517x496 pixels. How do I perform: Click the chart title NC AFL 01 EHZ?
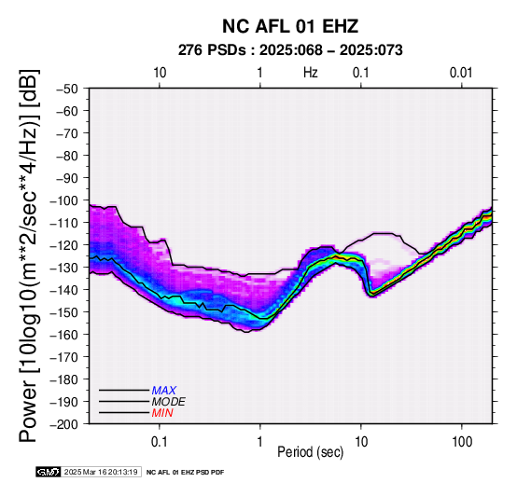(290, 26)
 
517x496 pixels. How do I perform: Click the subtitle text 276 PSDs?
(212, 50)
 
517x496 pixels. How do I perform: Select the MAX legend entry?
(163, 391)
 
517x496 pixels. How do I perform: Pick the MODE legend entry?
(169, 402)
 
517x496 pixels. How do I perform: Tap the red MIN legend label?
(162, 413)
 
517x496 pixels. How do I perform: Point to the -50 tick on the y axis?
(67, 89)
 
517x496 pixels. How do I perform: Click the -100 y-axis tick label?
(64, 200)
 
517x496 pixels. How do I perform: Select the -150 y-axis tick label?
(64, 312)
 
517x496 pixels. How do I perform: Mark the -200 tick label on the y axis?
(64, 424)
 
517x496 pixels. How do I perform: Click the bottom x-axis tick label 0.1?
(160, 442)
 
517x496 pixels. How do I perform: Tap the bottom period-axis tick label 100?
(462, 442)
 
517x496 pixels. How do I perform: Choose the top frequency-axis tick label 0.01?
(461, 73)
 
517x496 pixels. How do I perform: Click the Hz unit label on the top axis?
(311, 73)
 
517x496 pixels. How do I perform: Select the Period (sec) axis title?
(310, 452)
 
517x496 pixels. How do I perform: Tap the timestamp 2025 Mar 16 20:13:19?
(101, 473)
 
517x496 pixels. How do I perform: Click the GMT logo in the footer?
(49, 473)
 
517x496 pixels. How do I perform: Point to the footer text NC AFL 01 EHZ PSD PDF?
(185, 473)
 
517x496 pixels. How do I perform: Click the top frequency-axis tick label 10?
(160, 73)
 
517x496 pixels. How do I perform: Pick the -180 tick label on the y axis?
(64, 379)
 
